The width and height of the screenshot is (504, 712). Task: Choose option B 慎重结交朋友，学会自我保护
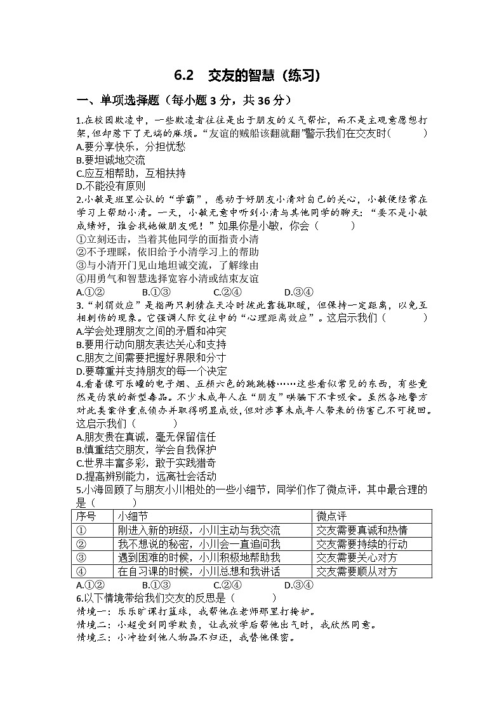tap(145, 450)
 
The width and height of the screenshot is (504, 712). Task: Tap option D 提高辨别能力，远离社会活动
tap(145, 477)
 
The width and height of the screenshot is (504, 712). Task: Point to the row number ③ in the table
tap(81, 558)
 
